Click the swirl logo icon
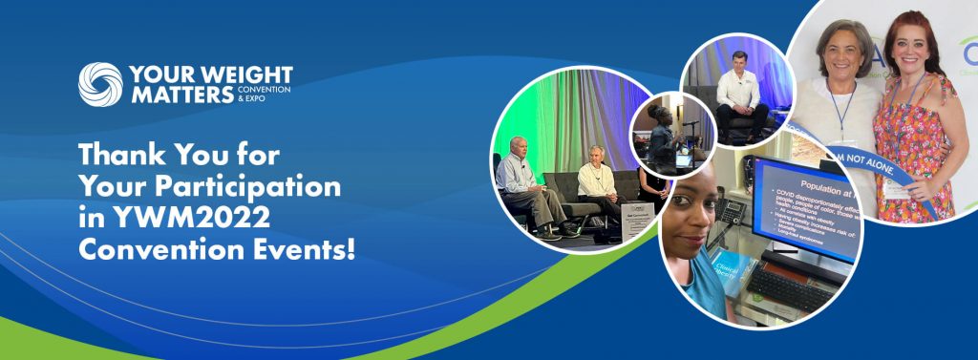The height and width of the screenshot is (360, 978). point(100,85)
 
